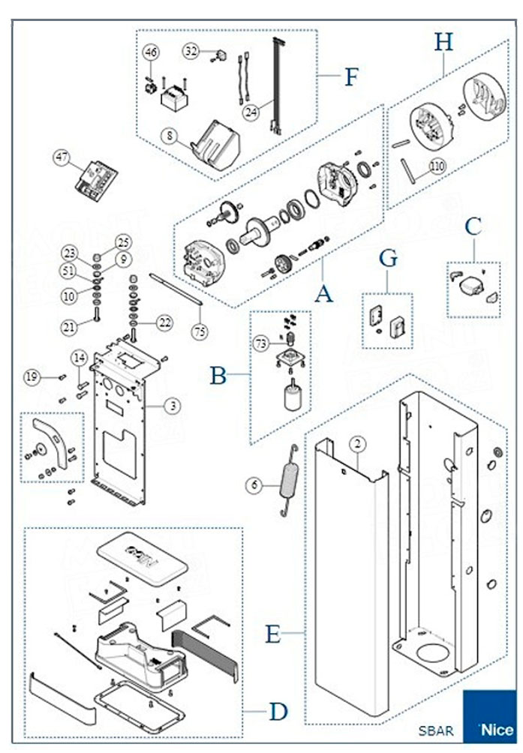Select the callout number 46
[x=152, y=52]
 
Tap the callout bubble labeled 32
[x=191, y=51]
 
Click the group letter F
[x=350, y=77]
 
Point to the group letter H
[x=444, y=42]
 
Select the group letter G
[x=387, y=259]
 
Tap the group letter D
[x=278, y=711]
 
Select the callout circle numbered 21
[x=69, y=327]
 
